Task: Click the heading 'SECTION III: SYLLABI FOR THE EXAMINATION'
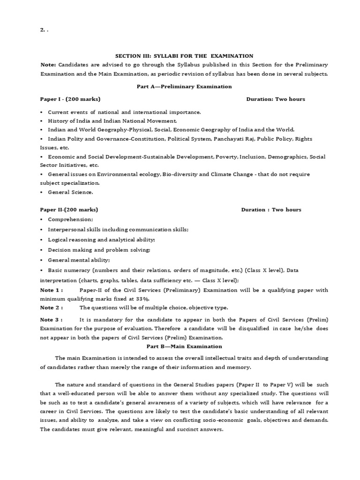[x=184, y=56]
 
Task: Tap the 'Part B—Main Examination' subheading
[x=184, y=346]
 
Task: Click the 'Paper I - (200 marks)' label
[x=70, y=99]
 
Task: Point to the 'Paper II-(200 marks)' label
[x=69, y=210]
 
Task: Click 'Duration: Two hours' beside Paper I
[x=276, y=99]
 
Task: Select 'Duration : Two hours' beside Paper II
[x=271, y=210]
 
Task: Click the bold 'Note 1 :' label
[x=51, y=290]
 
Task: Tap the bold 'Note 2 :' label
[x=51, y=307]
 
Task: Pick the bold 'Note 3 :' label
[x=51, y=320]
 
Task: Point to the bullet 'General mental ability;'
[x=79, y=260]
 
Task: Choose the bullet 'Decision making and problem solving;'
[x=99, y=250]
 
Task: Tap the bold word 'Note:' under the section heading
[x=48, y=64]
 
